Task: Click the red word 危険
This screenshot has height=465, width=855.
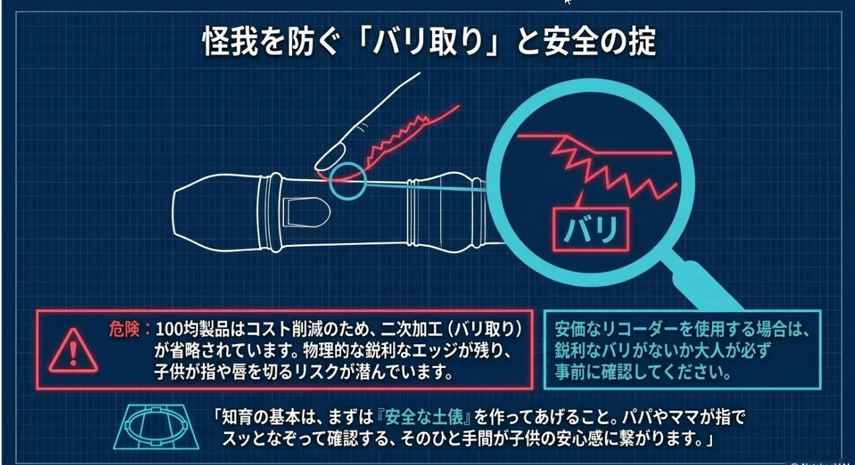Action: pos(124,329)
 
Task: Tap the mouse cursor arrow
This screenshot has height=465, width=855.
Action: pos(567,2)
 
